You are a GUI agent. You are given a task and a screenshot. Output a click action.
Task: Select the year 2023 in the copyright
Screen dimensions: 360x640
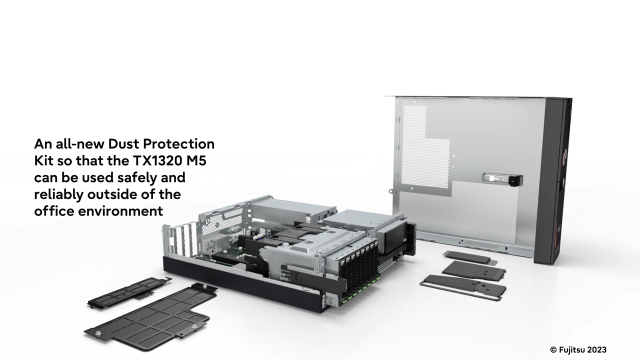pyautogui.click(x=597, y=350)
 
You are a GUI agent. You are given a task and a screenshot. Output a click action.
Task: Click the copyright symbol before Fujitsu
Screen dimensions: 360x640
pyautogui.click(x=553, y=350)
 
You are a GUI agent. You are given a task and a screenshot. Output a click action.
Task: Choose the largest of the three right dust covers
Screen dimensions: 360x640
pyautogui.click(x=462, y=286)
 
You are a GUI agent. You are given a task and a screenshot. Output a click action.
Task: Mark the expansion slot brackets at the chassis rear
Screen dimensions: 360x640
pyautogui.click(x=182, y=240)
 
